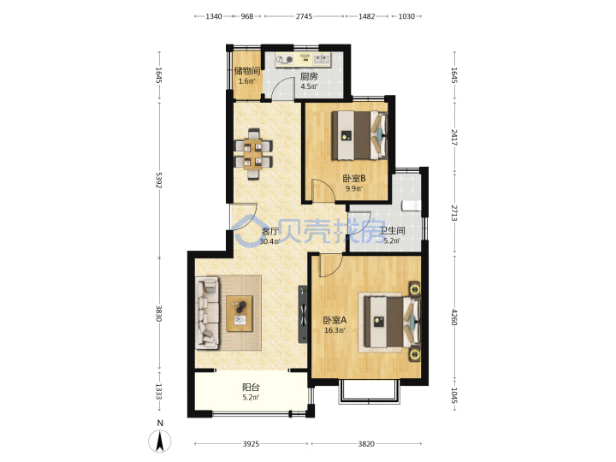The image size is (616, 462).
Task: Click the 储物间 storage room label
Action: click(x=247, y=71)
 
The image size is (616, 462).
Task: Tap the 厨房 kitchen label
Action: click(x=309, y=76)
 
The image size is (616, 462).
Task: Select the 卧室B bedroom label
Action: click(x=354, y=178)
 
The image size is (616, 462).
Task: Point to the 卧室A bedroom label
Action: click(x=335, y=320)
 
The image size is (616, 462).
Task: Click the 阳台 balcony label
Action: click(x=251, y=388)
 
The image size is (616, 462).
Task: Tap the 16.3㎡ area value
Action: click(x=335, y=330)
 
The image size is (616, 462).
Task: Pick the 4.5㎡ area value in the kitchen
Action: click(x=309, y=86)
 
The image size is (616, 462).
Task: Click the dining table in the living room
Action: click(x=253, y=154)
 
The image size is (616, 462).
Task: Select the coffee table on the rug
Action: click(x=240, y=313)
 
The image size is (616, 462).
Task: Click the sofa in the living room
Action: click(x=207, y=313)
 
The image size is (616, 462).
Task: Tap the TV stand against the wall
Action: click(x=303, y=313)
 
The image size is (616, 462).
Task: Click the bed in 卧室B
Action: click(x=359, y=135)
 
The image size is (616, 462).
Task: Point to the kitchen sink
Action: click(x=322, y=59)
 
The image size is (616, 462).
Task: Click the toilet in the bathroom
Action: click(x=411, y=205)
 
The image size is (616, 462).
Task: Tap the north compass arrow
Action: click(x=159, y=441)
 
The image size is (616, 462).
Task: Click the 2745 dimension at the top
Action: click(x=304, y=16)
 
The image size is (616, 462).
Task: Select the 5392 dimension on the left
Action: click(x=159, y=180)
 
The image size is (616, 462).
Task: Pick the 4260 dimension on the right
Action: click(x=454, y=317)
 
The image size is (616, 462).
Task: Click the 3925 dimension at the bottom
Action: click(x=251, y=444)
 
